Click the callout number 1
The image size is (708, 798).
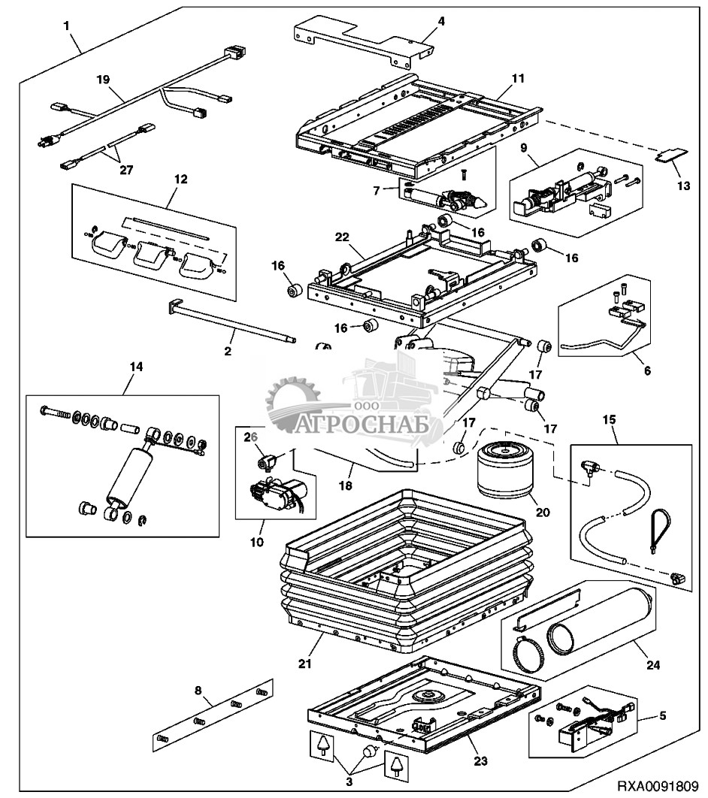[x=68, y=26]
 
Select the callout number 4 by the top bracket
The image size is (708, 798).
[x=441, y=21]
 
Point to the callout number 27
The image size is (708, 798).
[x=126, y=170]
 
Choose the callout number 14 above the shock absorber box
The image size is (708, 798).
[x=136, y=367]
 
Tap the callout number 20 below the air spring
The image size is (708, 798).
[x=543, y=513]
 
